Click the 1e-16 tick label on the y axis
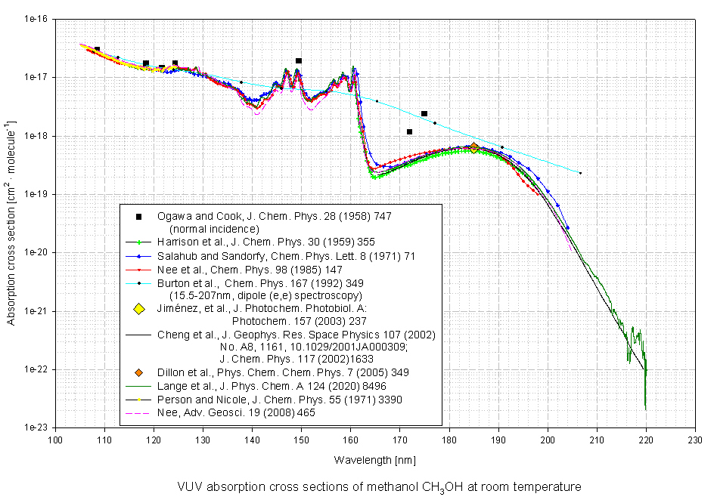click(36, 19)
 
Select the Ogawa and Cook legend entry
click(280, 217)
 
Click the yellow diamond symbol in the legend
click(138, 309)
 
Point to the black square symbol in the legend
click(138, 217)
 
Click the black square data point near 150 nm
click(299, 60)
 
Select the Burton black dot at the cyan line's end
click(580, 173)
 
